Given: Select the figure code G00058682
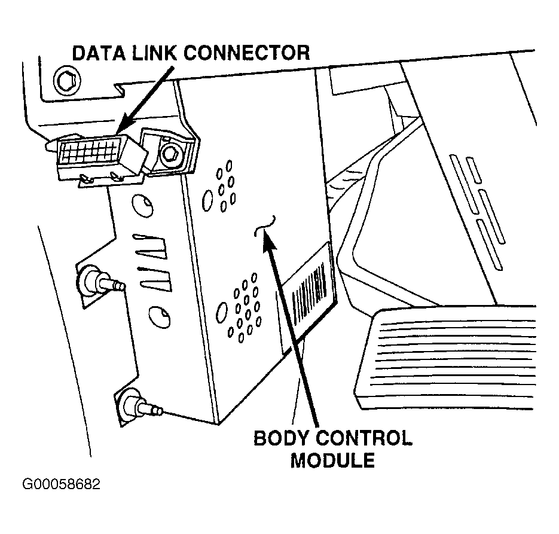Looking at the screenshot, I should coord(62,484).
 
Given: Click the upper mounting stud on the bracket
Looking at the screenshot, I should coord(94,279).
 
